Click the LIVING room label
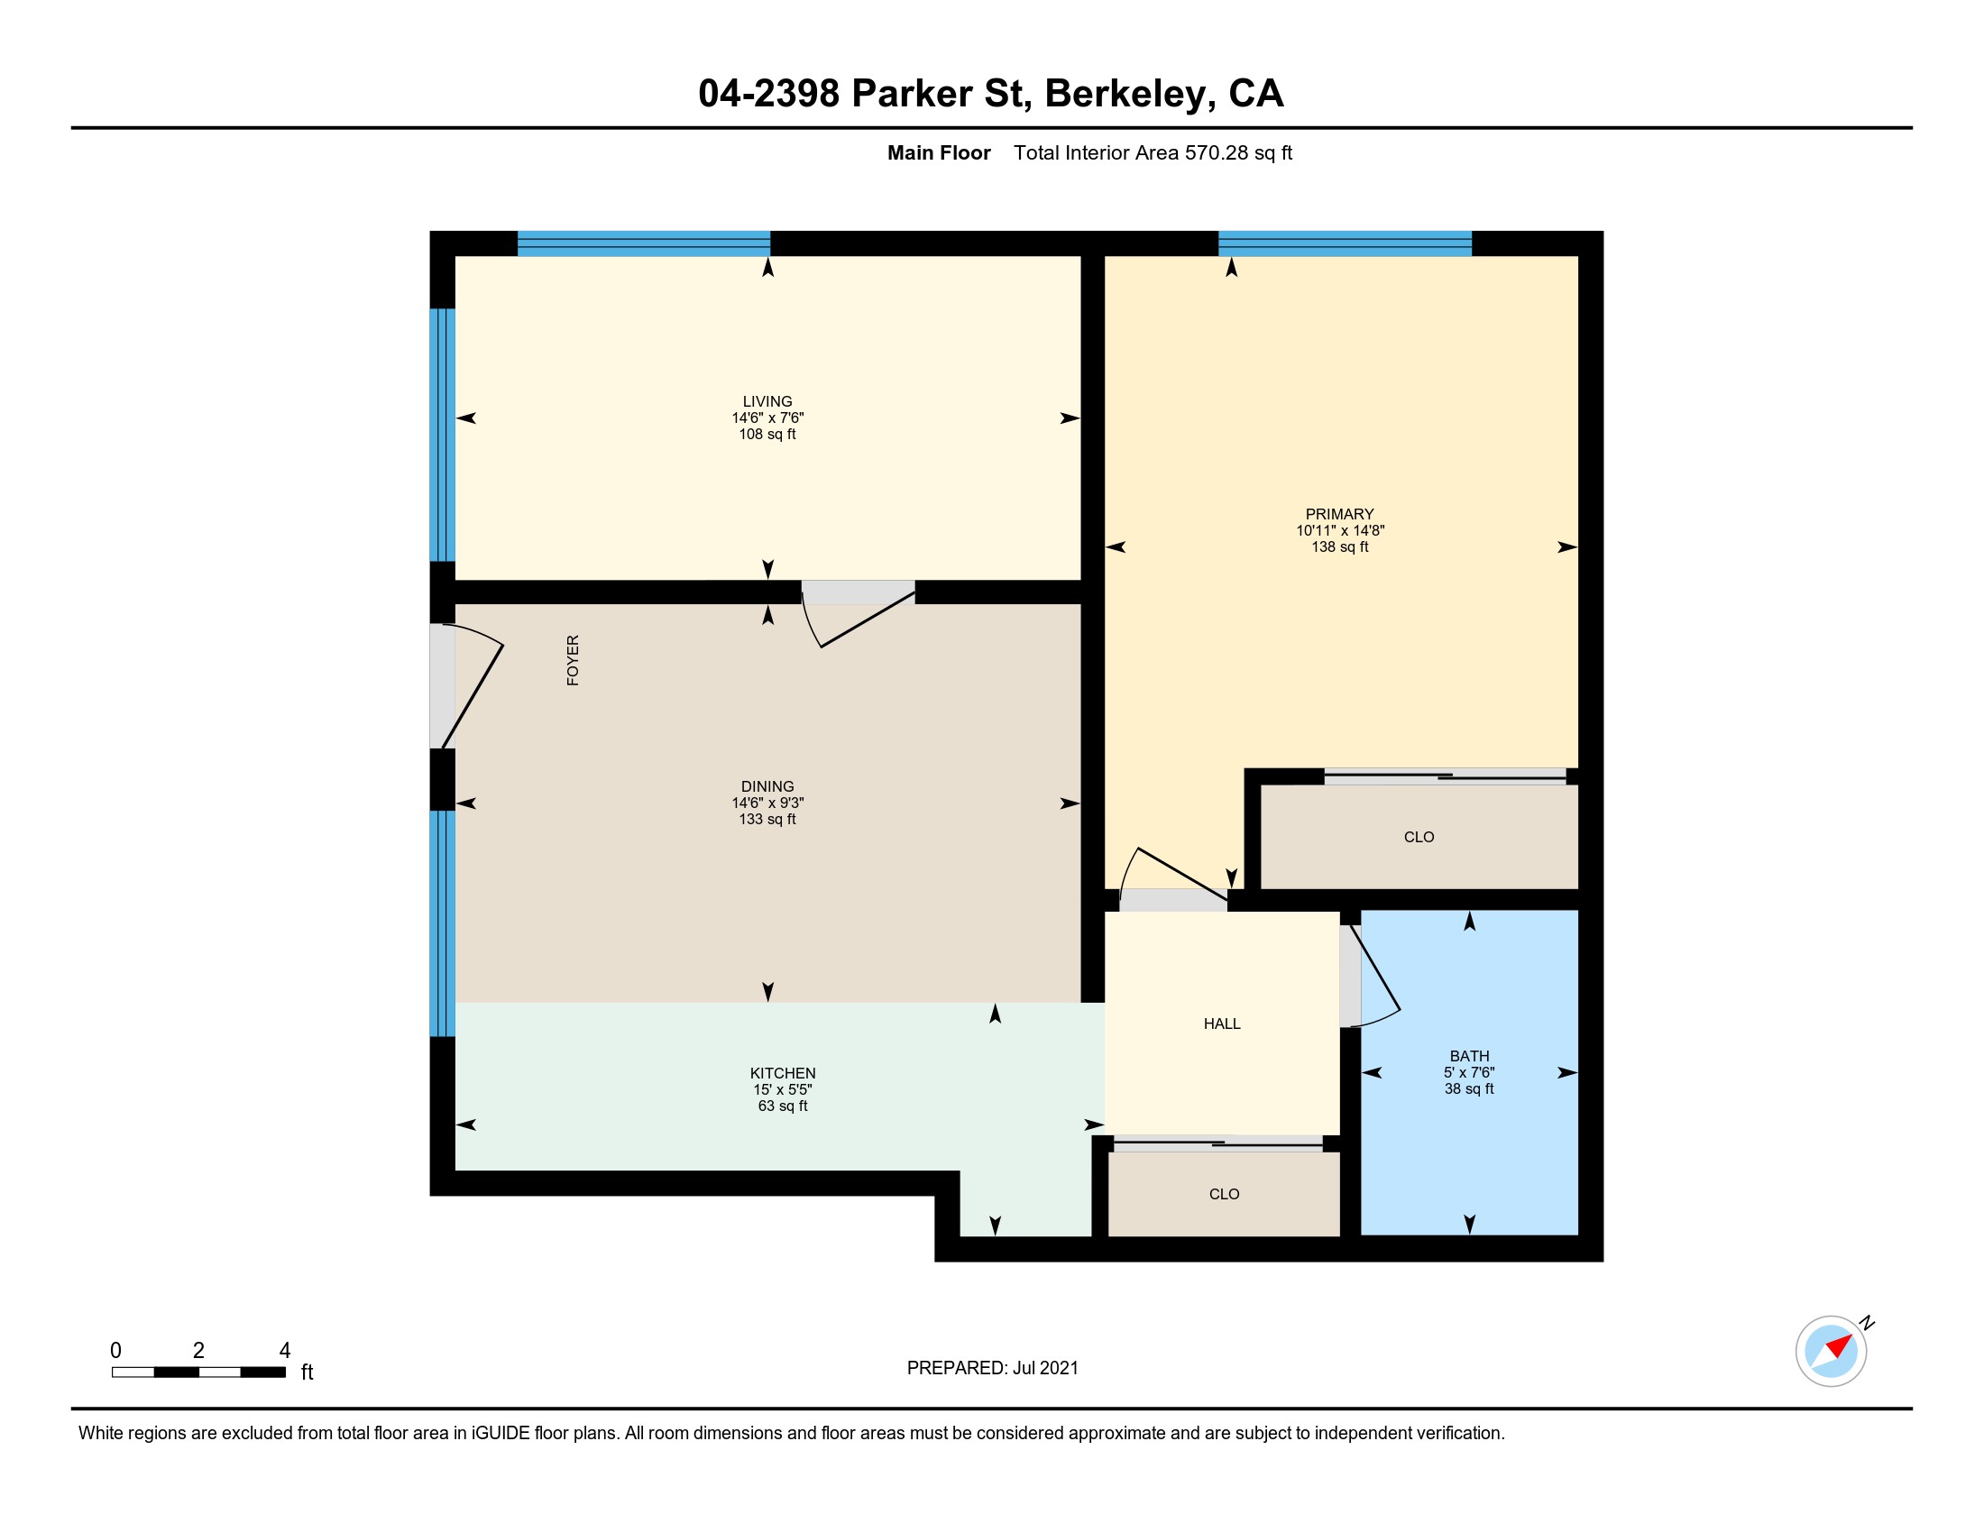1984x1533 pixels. pyautogui.click(x=767, y=401)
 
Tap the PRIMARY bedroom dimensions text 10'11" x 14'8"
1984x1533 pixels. pyautogui.click(x=1340, y=530)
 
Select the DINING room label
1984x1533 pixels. pyautogui.click(x=767, y=786)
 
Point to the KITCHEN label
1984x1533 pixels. pyautogui.click(x=782, y=1072)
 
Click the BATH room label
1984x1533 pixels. pyautogui.click(x=1469, y=1055)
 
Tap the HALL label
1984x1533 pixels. pyautogui.click(x=1222, y=1024)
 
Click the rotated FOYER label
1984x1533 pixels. pyautogui.click(x=573, y=660)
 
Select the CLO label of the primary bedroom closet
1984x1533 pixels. pyautogui.click(x=1418, y=837)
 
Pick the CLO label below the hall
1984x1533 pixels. pyautogui.click(x=1224, y=1193)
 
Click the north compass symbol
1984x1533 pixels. pyautogui.click(x=1831, y=1351)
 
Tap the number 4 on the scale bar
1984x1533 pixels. pyautogui.click(x=284, y=1351)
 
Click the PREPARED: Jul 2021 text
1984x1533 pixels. pyautogui.click(x=992, y=1368)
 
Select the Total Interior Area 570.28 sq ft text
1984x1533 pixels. pyautogui.click(x=1153, y=152)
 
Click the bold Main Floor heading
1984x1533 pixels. pyautogui.click(x=939, y=152)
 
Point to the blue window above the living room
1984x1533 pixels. pyautogui.click(x=643, y=243)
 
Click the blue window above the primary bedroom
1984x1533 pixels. pyautogui.click(x=1345, y=243)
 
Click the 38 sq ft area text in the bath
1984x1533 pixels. pyautogui.click(x=1469, y=1088)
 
